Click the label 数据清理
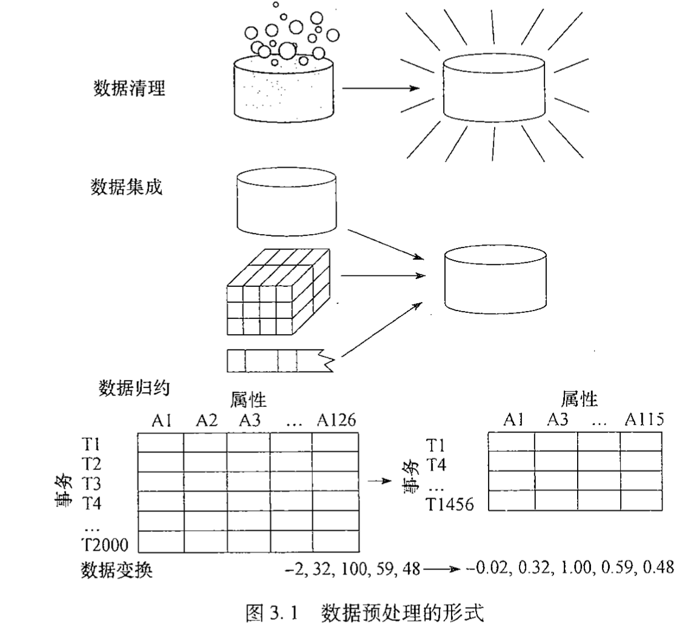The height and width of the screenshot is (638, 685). click(x=129, y=89)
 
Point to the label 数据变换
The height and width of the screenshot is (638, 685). click(x=116, y=570)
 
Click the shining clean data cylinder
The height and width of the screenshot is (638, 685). click(x=493, y=88)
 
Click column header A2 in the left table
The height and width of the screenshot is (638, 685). click(x=206, y=420)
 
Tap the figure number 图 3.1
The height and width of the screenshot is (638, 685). click(x=273, y=613)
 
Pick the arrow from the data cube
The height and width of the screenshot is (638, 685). click(x=382, y=275)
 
